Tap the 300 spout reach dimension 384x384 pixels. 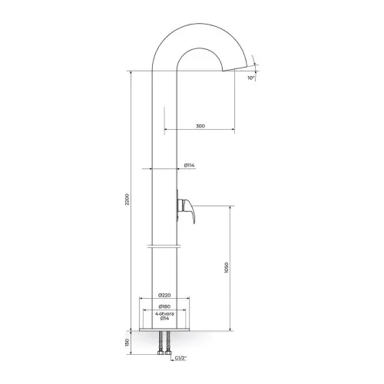200,126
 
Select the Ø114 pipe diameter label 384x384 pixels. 189,165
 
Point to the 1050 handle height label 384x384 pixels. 226,267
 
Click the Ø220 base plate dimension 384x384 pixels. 164,295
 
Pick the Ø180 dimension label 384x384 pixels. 164,306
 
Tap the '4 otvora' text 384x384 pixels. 164,313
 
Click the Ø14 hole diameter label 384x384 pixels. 164,318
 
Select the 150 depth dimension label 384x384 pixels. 128,343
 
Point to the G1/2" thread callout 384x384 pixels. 181,358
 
